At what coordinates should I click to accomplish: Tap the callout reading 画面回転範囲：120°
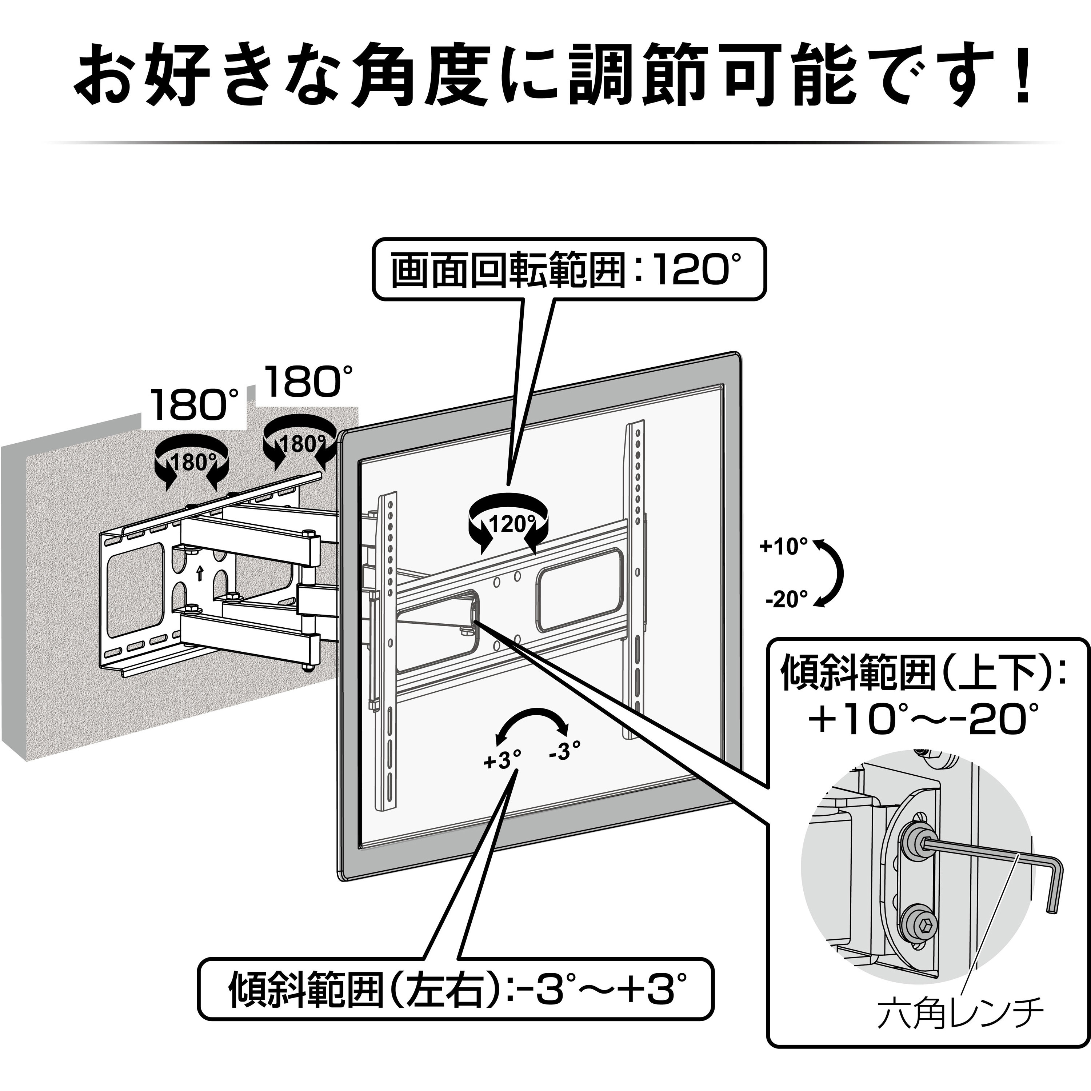pyautogui.click(x=568, y=270)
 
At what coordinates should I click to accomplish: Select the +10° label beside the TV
pyautogui.click(x=783, y=546)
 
